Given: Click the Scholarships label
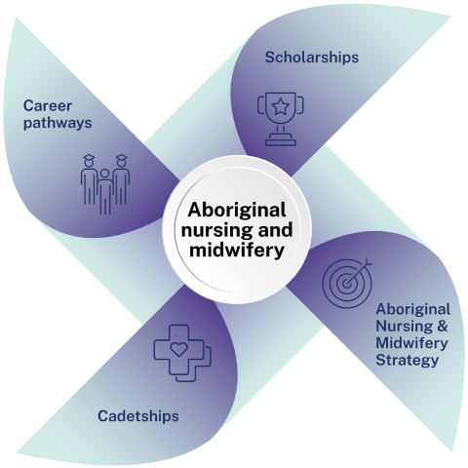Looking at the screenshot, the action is coord(312,58).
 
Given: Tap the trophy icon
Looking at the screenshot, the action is coord(281,119).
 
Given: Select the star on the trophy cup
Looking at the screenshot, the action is coord(281,107).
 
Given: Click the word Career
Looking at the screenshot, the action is coord(48,106).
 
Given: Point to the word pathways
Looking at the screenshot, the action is coord(58,124).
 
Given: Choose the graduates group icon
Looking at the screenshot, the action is coord(105,184).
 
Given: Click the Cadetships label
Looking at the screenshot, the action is coord(138,416).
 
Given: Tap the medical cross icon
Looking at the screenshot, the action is coord(182,353).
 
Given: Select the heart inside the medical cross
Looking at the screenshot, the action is coord(179,349).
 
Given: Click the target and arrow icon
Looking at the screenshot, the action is coord(347,284).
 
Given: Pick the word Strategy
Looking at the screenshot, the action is coord(407,360).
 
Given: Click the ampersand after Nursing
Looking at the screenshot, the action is coord(442,326).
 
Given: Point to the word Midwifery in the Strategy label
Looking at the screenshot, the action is coord(411,343).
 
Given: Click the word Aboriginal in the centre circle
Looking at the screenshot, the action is coord(237,210).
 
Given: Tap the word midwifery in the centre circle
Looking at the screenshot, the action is coord(237,251).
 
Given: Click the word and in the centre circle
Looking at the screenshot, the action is coord(275,229).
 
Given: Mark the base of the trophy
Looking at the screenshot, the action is coord(281,139).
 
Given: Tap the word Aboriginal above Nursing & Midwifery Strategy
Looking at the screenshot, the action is coord(413,310).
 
